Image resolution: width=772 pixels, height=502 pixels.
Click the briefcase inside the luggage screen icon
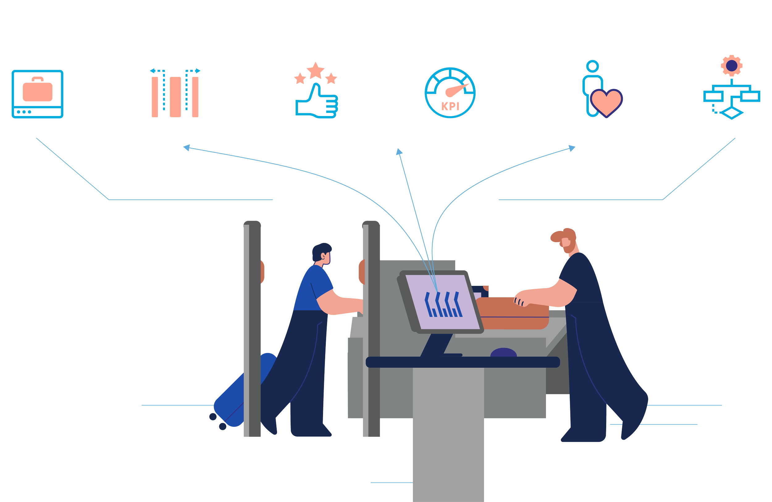tap(38, 91)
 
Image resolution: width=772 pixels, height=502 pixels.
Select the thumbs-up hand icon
tap(316, 102)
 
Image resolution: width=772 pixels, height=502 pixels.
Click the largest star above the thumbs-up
tap(316, 71)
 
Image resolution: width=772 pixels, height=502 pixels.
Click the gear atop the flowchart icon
tap(732, 66)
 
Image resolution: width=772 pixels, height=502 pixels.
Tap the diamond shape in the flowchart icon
tap(732, 113)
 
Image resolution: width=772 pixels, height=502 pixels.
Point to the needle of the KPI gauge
tap(456, 91)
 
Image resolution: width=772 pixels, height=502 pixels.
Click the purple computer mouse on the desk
tap(503, 353)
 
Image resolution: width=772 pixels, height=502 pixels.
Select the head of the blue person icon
tap(592, 66)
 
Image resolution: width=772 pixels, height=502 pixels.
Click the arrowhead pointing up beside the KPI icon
tap(399, 152)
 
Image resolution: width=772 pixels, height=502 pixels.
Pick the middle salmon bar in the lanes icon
tap(175, 97)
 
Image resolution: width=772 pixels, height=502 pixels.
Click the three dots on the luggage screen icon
tap(24, 112)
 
